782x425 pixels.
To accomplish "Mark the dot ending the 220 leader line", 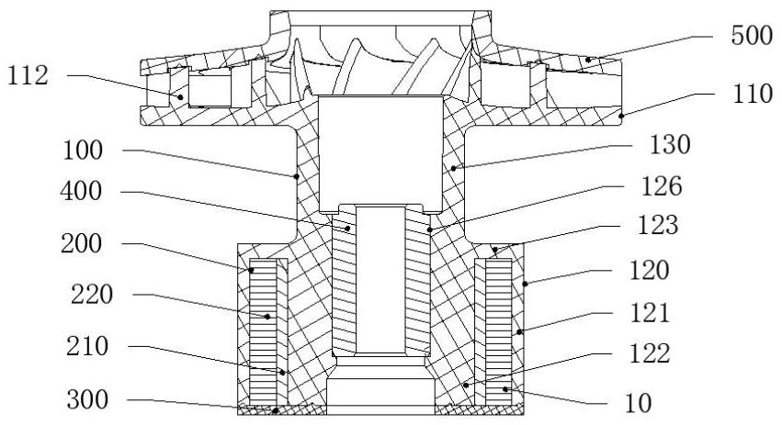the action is pos(268,318).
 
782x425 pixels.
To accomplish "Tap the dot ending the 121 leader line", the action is pos(518,330).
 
